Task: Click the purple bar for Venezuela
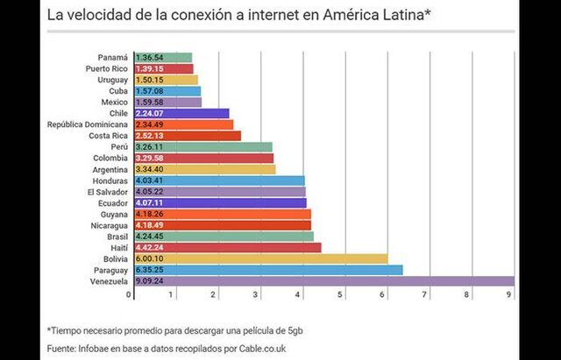[324, 281]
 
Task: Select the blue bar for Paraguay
[268, 270]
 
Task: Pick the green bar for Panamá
[163, 57]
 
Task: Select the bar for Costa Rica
[188, 136]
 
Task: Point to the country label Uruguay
[110, 80]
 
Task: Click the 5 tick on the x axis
[341, 295]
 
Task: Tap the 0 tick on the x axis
[130, 295]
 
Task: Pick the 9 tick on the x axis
[509, 295]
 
